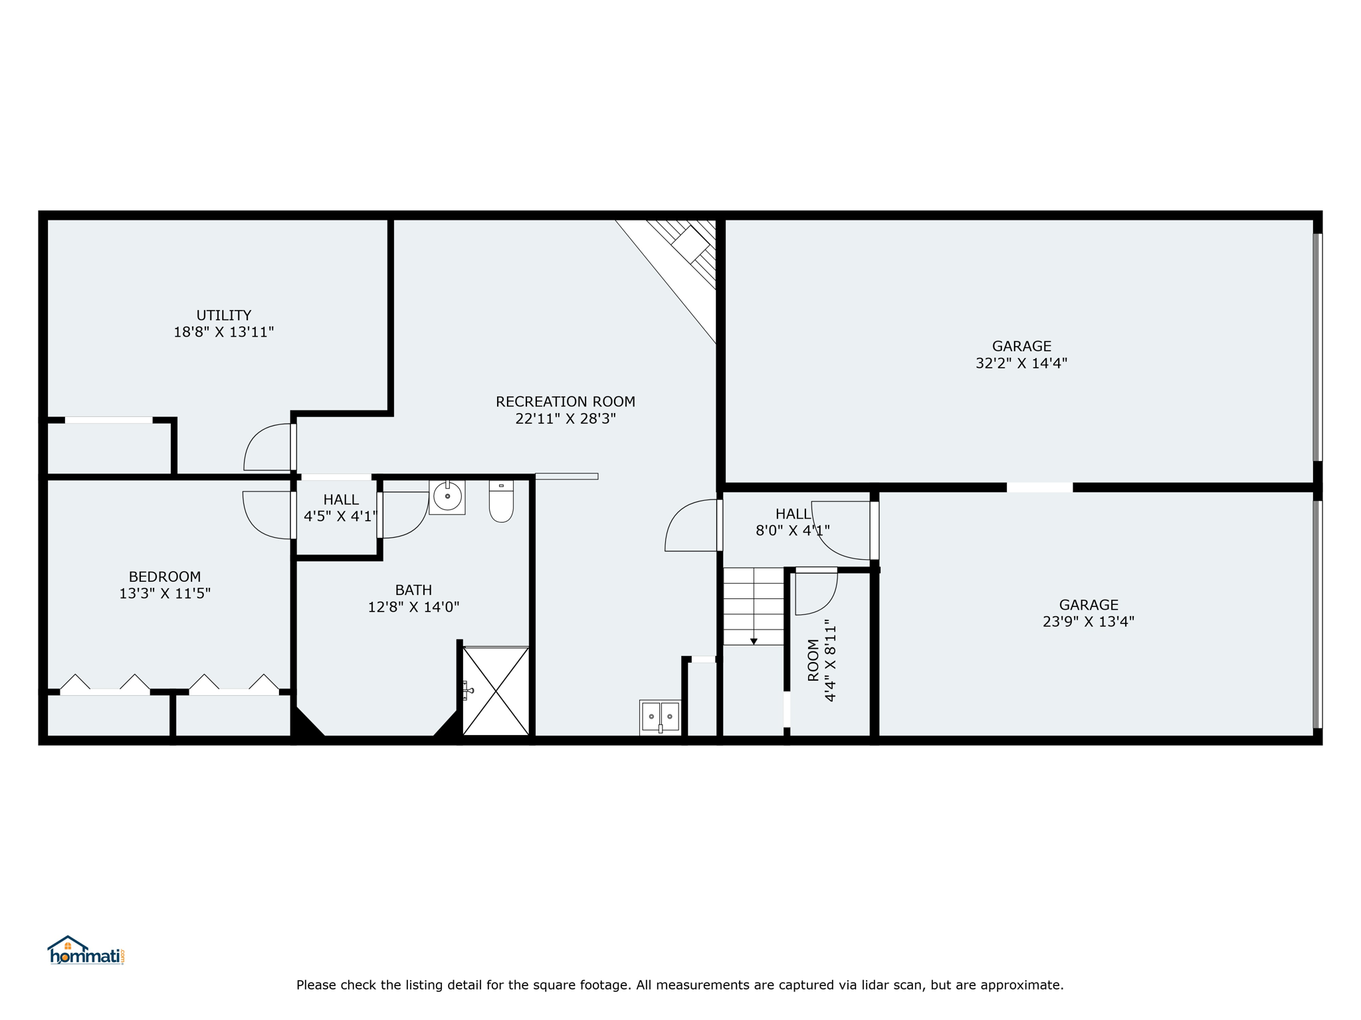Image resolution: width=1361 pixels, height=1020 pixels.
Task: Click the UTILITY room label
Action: coord(223,315)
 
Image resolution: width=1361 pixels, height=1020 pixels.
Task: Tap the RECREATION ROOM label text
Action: coord(566,402)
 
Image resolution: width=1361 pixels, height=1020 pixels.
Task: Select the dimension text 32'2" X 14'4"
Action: coord(1021,363)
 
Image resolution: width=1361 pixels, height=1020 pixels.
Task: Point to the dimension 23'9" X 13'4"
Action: coord(1089,622)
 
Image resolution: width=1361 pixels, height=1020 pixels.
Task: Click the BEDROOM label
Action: coord(165,576)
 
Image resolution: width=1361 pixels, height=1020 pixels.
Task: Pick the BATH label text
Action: coord(413,590)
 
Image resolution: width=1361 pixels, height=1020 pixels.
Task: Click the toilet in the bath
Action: coord(501,501)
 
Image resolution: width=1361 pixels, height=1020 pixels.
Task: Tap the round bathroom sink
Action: coord(447,497)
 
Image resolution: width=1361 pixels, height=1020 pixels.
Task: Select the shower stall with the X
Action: coord(496,691)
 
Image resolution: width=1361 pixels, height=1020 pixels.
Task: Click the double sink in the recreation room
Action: coord(660,717)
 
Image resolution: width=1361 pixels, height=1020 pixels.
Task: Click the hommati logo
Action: coord(86,950)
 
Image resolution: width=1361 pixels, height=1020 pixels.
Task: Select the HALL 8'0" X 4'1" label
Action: coord(793,522)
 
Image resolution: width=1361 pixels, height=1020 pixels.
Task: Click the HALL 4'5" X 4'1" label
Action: coord(340,508)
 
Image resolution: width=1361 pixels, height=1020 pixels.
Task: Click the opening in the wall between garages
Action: coord(1039,487)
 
